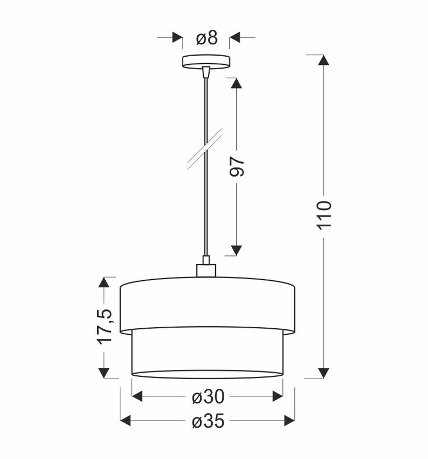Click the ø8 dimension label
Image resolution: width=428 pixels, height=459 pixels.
[x=206, y=38]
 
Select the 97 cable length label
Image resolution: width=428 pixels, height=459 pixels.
[x=237, y=167]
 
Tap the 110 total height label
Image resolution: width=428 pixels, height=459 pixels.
[x=324, y=214]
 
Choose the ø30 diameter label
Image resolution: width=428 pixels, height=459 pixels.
[x=208, y=397]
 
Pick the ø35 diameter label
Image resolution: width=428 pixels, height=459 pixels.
[x=208, y=421]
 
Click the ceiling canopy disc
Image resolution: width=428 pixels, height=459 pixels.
[x=206, y=60]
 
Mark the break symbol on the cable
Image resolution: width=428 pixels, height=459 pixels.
[x=205, y=149]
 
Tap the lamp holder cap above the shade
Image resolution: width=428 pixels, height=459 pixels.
[x=206, y=269]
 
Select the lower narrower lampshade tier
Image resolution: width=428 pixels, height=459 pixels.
[x=207, y=353]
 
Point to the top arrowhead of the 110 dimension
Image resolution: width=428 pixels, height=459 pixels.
[x=323, y=60]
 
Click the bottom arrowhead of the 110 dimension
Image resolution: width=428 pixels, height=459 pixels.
[x=323, y=373]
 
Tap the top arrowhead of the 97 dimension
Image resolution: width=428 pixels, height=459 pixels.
[x=236, y=83]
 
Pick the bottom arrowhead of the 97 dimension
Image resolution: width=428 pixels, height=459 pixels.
[x=236, y=250]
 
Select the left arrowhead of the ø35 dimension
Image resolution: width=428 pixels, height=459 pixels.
[x=126, y=421]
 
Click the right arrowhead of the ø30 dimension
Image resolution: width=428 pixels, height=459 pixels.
[x=278, y=396]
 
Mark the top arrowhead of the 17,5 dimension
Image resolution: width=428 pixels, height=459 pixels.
[x=104, y=282]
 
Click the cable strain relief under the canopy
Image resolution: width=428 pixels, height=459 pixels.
[x=205, y=71]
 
